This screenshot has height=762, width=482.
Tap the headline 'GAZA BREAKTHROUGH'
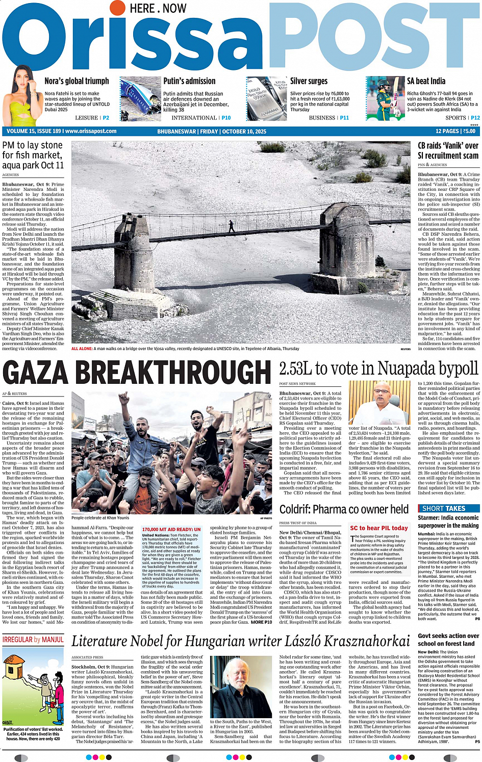click(x=137, y=372)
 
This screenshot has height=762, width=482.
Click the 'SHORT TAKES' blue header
click(x=443, y=508)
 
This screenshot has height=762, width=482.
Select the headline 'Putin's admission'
click(x=189, y=81)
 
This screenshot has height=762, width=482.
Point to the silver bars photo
click(x=266, y=99)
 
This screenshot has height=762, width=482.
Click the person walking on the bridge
click(x=232, y=226)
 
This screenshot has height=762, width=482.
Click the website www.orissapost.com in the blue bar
click(x=91, y=131)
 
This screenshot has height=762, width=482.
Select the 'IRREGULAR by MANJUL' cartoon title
click(x=33, y=640)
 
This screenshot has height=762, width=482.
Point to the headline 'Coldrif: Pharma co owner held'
click(x=344, y=509)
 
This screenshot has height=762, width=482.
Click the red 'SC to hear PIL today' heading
click(x=378, y=528)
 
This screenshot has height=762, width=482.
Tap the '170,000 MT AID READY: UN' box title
click(x=171, y=529)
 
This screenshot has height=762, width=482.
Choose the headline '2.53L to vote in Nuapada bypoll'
click(x=378, y=368)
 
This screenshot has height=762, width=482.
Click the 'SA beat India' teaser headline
click(x=426, y=81)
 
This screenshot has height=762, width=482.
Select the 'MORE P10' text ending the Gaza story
click(x=261, y=622)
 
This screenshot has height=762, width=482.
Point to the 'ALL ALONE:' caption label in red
click(x=82, y=349)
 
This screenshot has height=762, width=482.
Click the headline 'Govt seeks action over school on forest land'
click(x=448, y=640)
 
